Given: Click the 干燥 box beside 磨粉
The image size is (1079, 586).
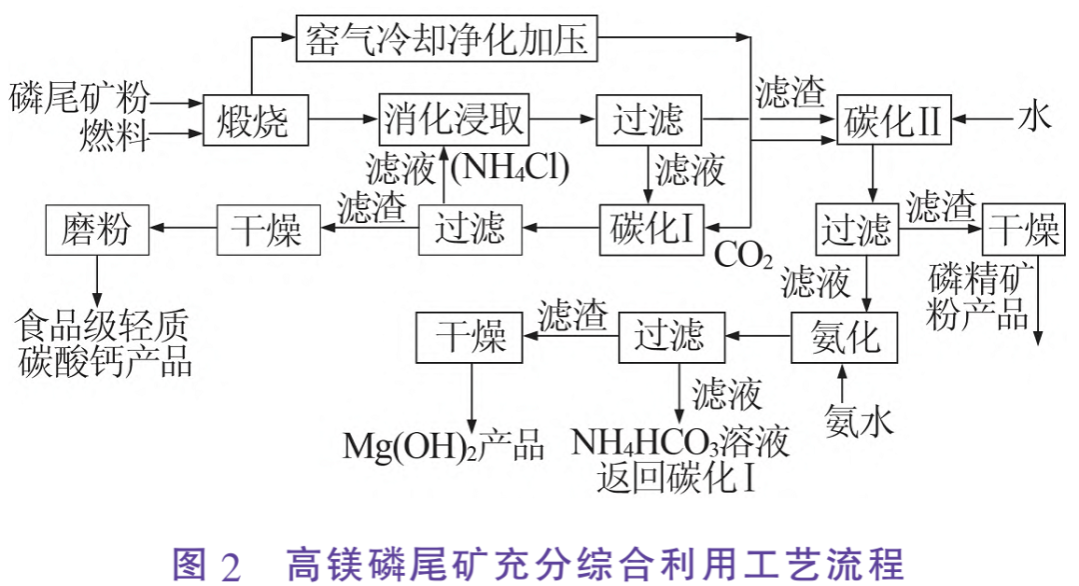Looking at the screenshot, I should (267, 229).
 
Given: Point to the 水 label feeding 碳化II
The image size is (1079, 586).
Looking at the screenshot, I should (1034, 119).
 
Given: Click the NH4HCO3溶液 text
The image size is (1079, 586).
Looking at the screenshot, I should (680, 443).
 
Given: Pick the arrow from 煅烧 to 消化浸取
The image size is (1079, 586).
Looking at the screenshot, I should (342, 120).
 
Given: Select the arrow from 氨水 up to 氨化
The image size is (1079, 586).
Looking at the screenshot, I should (841, 381).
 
